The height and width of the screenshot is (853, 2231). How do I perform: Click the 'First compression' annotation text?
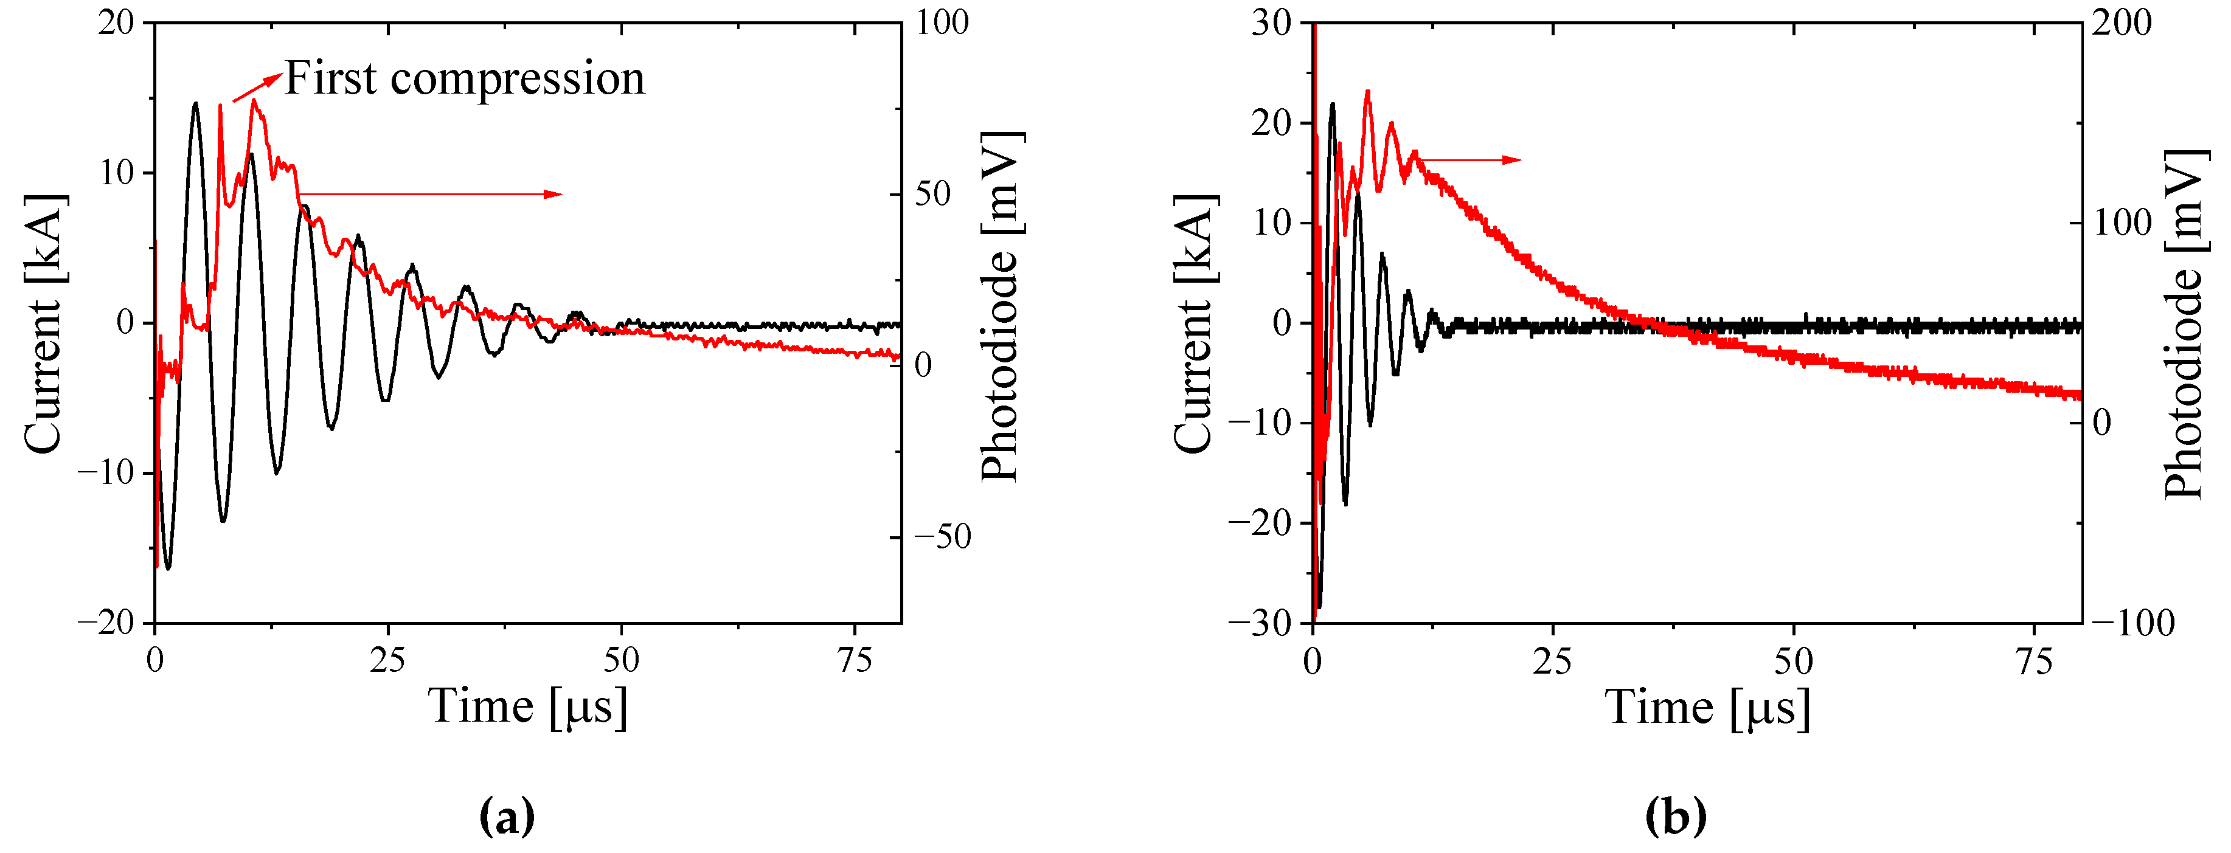465,79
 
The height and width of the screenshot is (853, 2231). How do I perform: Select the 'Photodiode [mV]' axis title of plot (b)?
2182,324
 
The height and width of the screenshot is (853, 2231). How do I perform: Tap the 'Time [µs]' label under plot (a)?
527,706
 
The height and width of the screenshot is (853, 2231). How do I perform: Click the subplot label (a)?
507,817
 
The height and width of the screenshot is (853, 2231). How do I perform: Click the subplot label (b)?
1675,817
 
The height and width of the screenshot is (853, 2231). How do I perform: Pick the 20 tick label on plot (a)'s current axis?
116,22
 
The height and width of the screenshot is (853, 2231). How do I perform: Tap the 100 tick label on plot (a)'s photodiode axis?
942,22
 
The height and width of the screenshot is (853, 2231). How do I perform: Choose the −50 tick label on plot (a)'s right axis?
942,537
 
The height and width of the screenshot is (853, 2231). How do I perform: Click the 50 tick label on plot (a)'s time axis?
621,661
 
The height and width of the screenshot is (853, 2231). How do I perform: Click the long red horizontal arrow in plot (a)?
429,194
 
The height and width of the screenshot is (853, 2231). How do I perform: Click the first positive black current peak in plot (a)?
196,104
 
